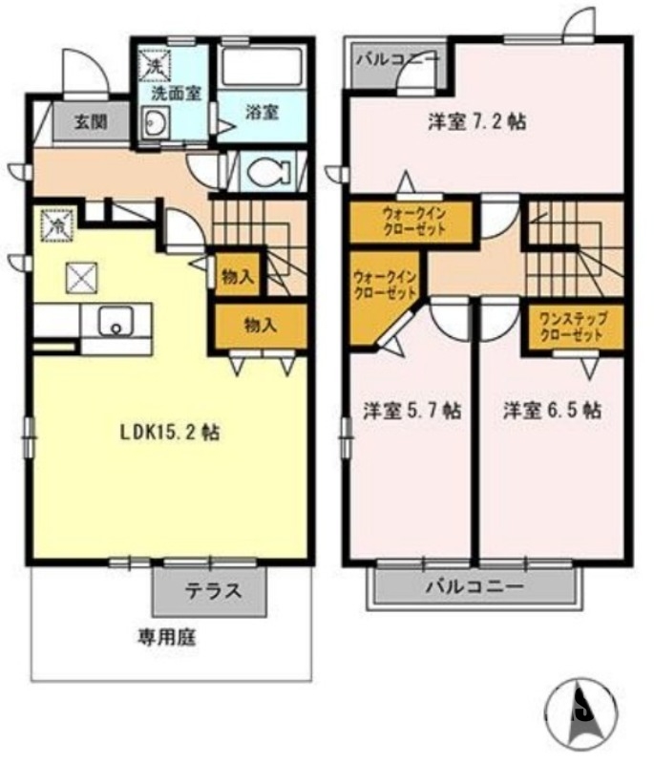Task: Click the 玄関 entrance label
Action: click(x=91, y=123)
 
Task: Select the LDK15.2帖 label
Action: click(x=170, y=432)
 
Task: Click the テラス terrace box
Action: click(x=211, y=591)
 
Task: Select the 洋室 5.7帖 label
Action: click(x=412, y=411)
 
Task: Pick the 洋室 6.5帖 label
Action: click(x=552, y=411)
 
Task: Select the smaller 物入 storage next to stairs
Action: click(x=238, y=277)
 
